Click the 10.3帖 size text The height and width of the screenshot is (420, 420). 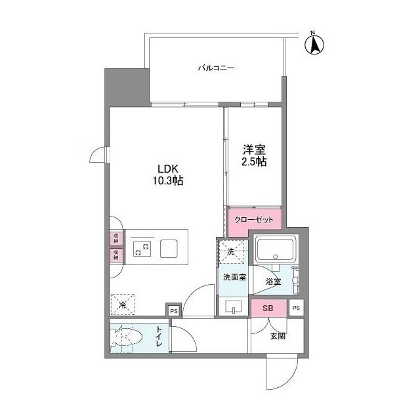click(168, 180)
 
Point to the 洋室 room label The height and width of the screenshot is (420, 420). click(253, 149)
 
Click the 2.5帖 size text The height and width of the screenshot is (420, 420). click(253, 162)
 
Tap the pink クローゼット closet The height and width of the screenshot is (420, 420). click(254, 219)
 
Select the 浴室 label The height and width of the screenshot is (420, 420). click(273, 282)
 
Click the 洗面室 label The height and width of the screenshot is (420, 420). click(234, 278)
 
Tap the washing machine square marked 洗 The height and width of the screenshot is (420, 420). click(231, 251)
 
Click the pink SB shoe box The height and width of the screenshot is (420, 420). click(268, 308)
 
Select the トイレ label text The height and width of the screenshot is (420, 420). click(159, 340)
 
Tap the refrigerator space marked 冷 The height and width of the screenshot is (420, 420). click(123, 304)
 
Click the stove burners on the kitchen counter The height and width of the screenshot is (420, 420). click(142, 249)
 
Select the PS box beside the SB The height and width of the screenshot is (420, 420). click(296, 308)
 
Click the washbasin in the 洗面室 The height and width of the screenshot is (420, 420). click(234, 306)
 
